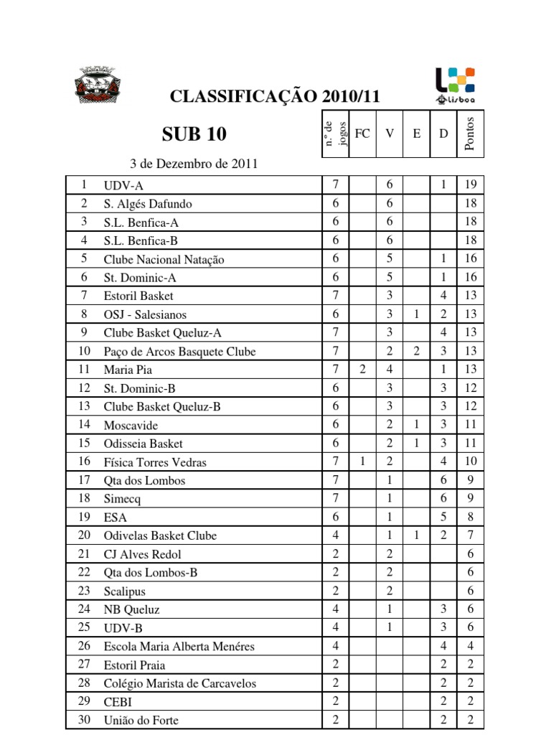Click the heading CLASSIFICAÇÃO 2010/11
pyautogui.click(x=274, y=97)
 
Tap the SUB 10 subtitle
pyautogui.click(x=194, y=134)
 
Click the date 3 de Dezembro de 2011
pyautogui.click(x=194, y=164)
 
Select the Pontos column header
pyautogui.click(x=470, y=134)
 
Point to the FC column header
pyautogui.click(x=363, y=134)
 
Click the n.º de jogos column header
pyautogui.click(x=336, y=134)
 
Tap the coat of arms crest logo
pyautogui.click(x=98, y=84)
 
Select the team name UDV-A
pyautogui.click(x=123, y=185)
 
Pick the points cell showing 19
pyautogui.click(x=471, y=185)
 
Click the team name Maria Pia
pyautogui.click(x=128, y=370)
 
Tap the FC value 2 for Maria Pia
pyautogui.click(x=363, y=370)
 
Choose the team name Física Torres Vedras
pyautogui.click(x=154, y=462)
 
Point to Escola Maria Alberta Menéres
pyautogui.click(x=179, y=647)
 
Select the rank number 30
pyautogui.click(x=84, y=720)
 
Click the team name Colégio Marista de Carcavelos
pyautogui.click(x=179, y=683)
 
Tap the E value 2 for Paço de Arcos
pyautogui.click(x=417, y=351)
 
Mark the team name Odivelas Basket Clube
pyautogui.click(x=159, y=535)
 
